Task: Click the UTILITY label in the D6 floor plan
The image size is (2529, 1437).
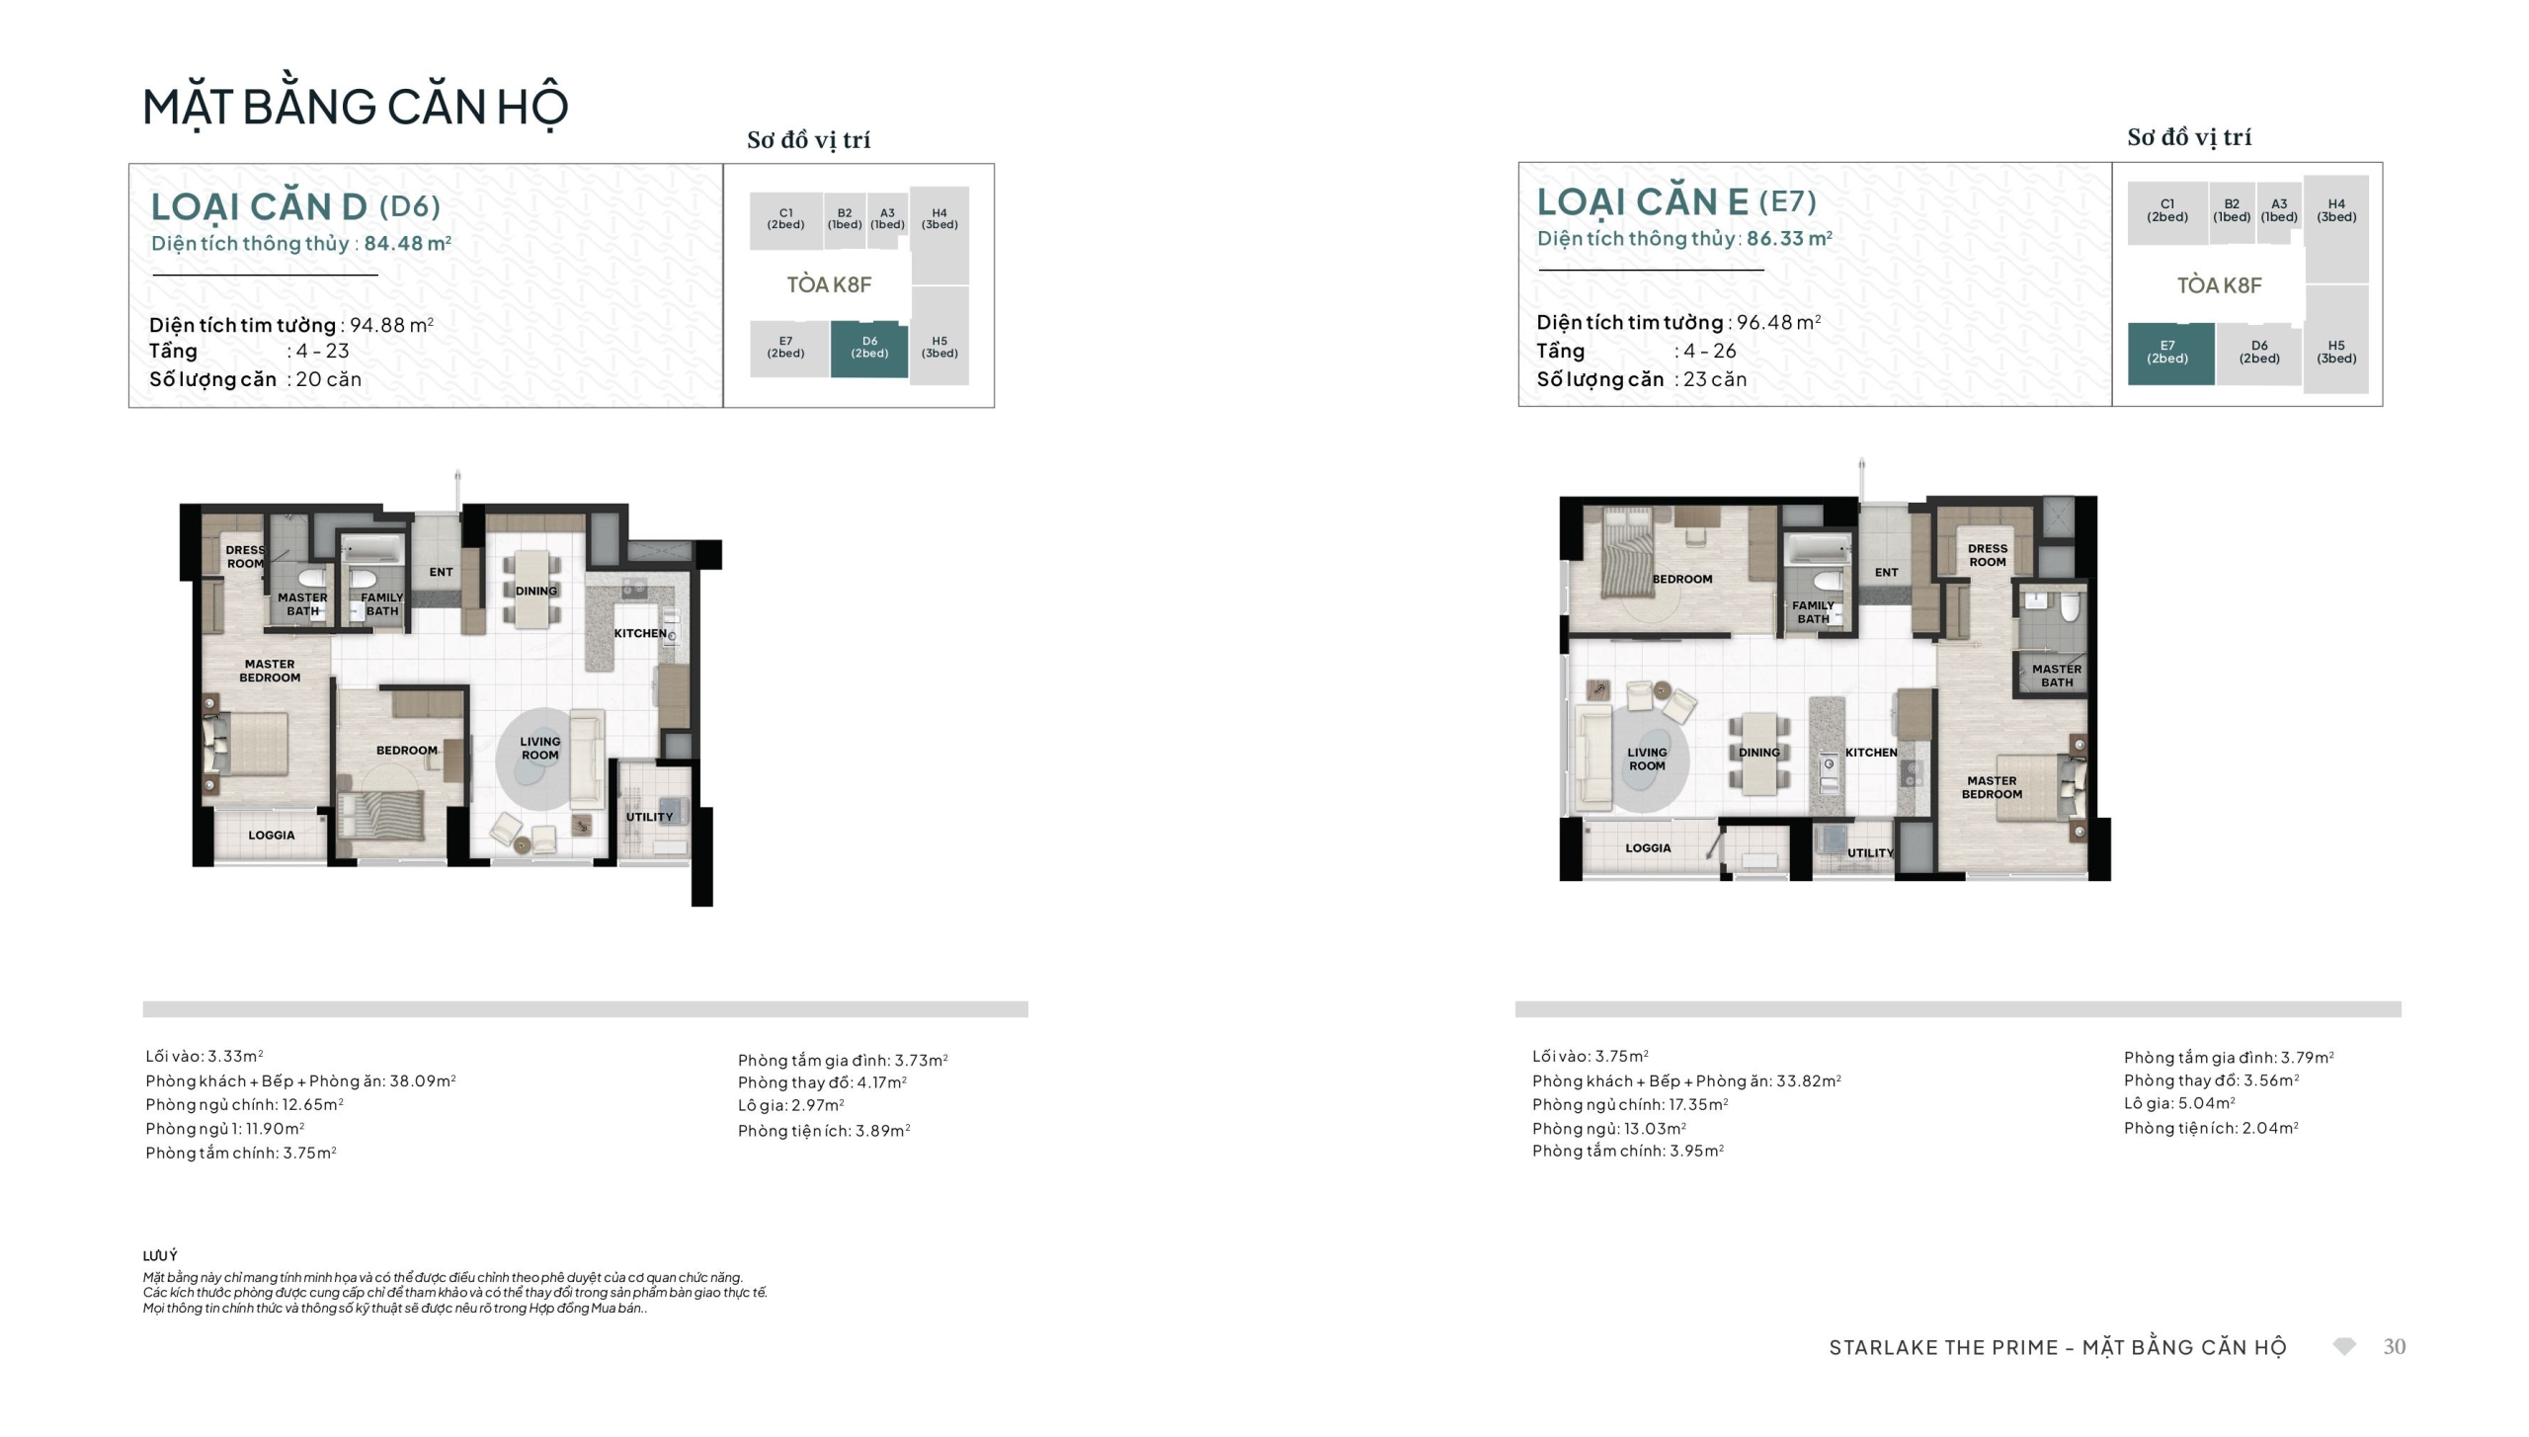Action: click(x=649, y=817)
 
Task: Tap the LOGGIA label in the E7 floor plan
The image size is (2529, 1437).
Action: click(x=1648, y=848)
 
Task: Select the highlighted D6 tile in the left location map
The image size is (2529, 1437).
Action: click(x=869, y=349)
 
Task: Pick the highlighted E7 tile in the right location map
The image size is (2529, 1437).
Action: click(x=2170, y=353)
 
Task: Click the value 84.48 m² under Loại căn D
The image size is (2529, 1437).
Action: click(x=407, y=243)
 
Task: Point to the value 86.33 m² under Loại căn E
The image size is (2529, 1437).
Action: click(x=1789, y=238)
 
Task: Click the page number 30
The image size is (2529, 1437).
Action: click(x=2395, y=1347)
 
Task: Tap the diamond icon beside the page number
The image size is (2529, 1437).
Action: click(x=2344, y=1347)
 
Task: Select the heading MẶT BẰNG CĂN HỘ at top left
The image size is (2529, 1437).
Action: click(x=356, y=107)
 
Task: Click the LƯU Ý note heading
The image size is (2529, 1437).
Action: click(x=160, y=1255)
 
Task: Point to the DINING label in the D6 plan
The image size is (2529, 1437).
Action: click(x=536, y=591)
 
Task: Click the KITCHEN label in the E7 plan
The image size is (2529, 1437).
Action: click(x=1871, y=753)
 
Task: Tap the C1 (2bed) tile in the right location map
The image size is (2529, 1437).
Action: click(x=2167, y=211)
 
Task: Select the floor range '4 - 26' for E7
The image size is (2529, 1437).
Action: click(x=1710, y=351)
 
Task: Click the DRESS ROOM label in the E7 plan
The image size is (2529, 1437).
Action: click(x=1988, y=555)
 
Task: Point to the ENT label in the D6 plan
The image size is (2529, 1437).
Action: click(x=442, y=572)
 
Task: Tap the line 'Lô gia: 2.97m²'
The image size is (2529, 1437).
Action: click(x=791, y=1105)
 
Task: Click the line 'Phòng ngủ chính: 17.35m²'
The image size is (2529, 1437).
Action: click(x=1630, y=1104)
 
